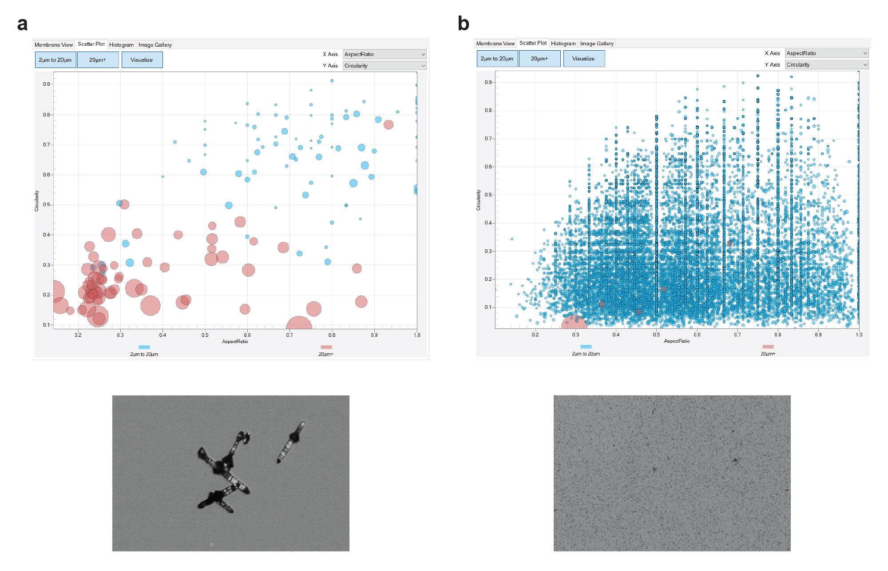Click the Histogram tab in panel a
coord(121,45)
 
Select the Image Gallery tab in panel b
coord(596,44)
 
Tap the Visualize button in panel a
coord(142,60)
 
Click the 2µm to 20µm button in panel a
coord(55,60)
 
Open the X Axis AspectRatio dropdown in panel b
coord(826,53)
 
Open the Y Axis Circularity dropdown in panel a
coord(384,66)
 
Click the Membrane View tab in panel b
coord(495,44)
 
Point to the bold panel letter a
coord(22,24)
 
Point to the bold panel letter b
coord(463,24)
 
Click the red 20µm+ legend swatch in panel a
coord(326,347)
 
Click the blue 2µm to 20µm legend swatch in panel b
coord(586,347)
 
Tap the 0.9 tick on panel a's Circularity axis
coord(46,84)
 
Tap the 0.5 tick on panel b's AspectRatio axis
coord(656,335)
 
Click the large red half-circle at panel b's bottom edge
coord(574,323)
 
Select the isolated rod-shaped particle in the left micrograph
coord(291,442)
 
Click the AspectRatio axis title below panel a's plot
coord(235,341)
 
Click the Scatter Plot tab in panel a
coord(91,44)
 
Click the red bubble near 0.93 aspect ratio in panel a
coord(388,124)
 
